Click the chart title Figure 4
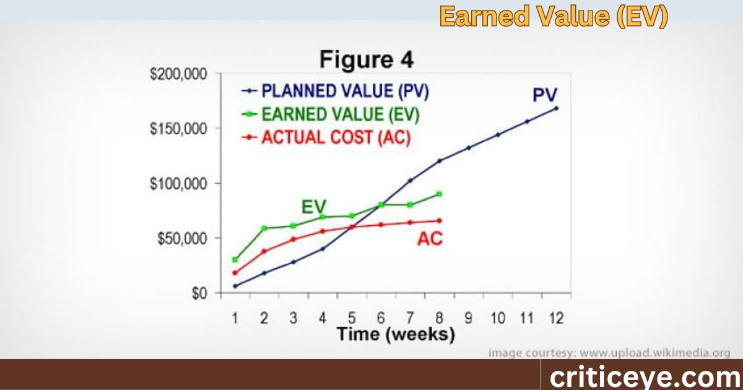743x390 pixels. pos(367,60)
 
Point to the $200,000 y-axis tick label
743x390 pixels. pos(178,74)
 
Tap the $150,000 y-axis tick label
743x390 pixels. pos(178,129)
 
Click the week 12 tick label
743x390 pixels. pos(555,318)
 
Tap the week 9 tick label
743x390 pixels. pos(468,318)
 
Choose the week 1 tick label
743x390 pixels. pos(235,318)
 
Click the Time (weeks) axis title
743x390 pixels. pos(396,335)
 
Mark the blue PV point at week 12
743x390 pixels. pos(556,108)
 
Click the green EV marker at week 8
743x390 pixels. pos(439,194)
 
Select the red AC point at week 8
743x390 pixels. pos(439,220)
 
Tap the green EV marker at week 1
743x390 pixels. pos(235,259)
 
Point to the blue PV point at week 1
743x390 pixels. pos(235,286)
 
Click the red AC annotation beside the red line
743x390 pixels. pos(430,239)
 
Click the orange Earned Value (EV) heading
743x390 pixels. pos(554,17)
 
